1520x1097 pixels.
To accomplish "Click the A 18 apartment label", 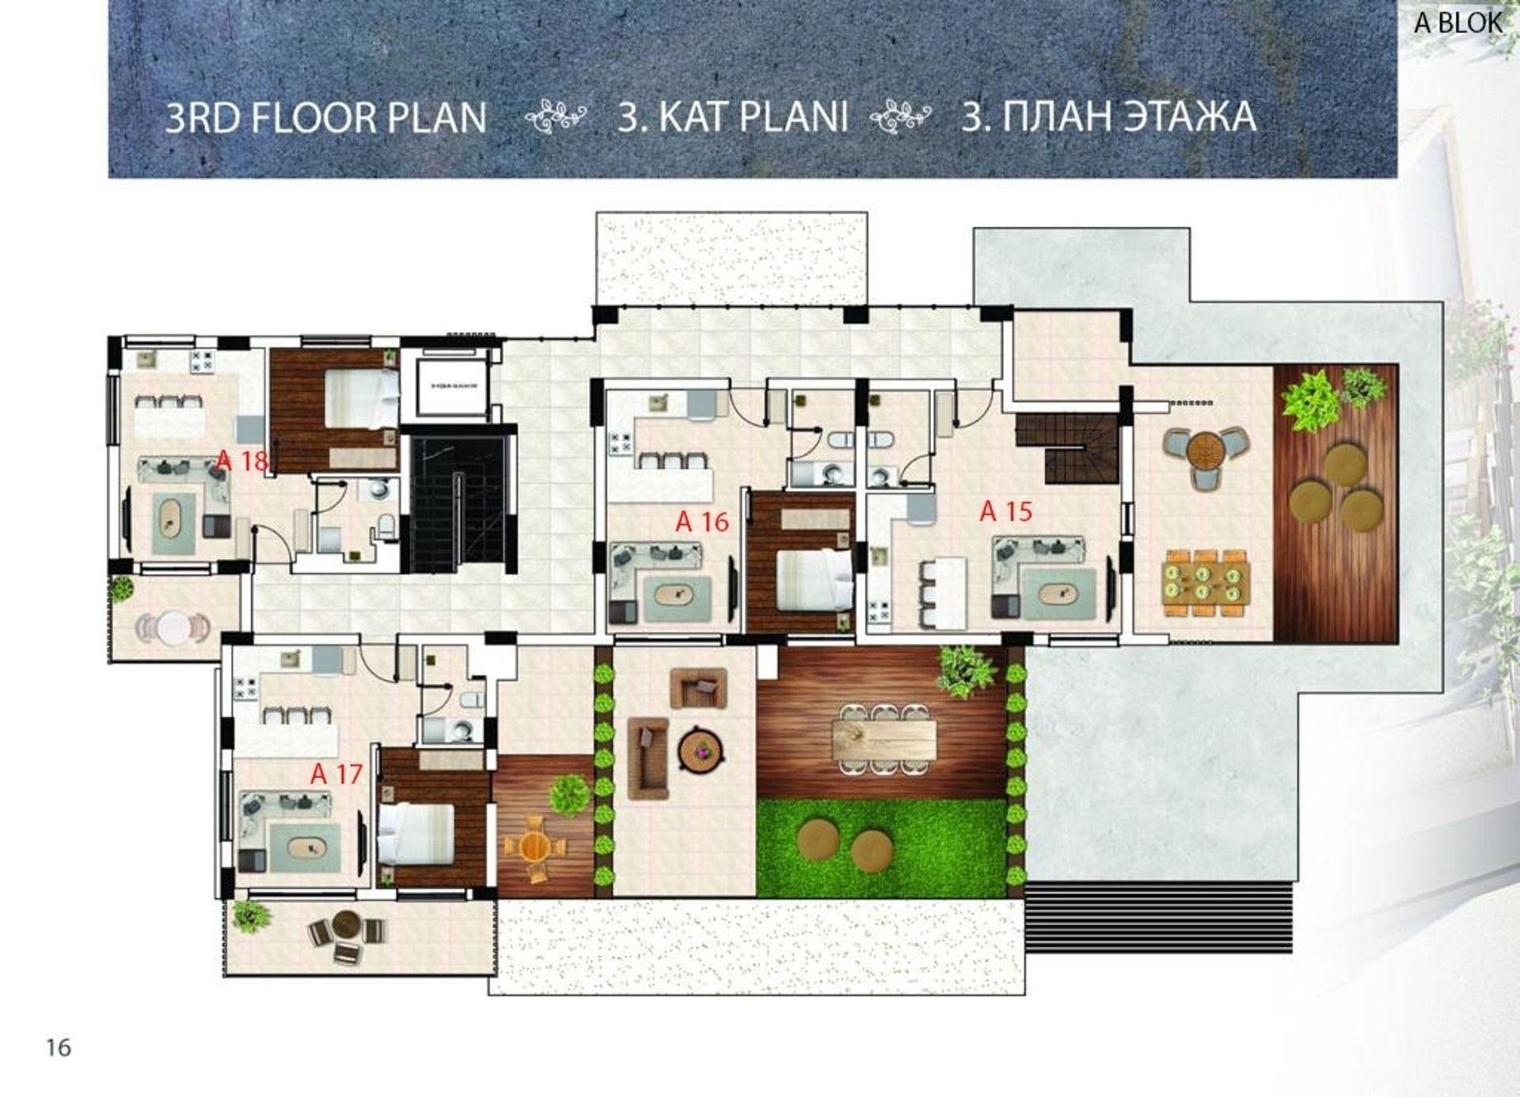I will (x=242, y=460).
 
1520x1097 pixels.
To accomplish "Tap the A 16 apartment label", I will (x=701, y=522).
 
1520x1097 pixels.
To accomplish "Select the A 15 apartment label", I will (x=1005, y=511).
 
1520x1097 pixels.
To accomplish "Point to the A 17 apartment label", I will (x=336, y=773).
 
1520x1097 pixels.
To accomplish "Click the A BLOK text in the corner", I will (x=1457, y=23).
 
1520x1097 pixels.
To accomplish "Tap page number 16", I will (x=59, y=1047).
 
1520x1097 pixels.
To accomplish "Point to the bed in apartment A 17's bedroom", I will (x=416, y=833).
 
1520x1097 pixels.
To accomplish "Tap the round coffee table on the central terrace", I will (x=701, y=749).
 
